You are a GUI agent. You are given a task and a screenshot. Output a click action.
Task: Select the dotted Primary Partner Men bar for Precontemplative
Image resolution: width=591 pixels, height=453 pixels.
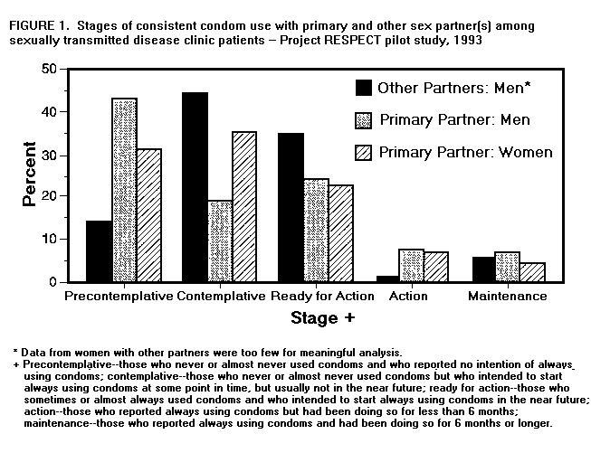click(x=124, y=190)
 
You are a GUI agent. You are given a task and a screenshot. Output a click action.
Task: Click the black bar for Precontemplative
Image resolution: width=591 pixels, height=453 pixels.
click(x=100, y=251)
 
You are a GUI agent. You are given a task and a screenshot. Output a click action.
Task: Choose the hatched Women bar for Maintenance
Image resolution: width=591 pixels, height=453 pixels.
click(x=530, y=272)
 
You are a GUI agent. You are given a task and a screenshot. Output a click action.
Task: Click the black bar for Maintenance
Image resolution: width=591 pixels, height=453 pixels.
click(x=483, y=269)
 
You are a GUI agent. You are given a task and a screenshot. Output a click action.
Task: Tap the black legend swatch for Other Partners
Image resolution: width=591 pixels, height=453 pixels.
click(x=363, y=88)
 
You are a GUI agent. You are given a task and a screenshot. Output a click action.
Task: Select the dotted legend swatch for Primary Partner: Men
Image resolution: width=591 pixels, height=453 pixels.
click(x=363, y=119)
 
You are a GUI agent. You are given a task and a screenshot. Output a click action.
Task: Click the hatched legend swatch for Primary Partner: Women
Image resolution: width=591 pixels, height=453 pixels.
click(x=363, y=151)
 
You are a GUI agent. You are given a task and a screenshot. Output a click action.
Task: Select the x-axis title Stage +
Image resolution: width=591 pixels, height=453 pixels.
click(x=322, y=318)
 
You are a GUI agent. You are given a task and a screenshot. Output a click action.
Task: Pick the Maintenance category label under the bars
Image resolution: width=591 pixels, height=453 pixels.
click(x=507, y=297)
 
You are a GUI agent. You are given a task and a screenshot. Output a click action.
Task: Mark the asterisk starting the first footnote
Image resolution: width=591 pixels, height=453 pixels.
click(x=15, y=351)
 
